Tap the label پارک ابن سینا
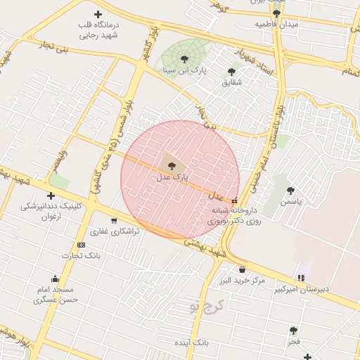184,70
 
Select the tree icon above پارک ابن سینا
184,59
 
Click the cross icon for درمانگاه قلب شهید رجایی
98,14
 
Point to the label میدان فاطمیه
276,24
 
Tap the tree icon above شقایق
231,71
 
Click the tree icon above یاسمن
290,191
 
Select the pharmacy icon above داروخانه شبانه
234,200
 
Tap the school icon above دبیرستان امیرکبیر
302,277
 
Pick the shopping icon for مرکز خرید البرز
243,269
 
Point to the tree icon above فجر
294,330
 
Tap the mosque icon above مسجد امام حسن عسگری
56,278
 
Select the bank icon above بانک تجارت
81,245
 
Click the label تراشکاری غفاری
114,231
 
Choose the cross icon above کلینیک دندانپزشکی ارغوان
50,195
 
